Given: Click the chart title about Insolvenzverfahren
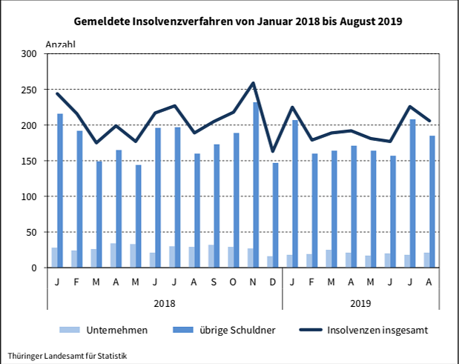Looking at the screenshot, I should point(228,21).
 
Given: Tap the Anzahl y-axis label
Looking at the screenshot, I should point(61,44).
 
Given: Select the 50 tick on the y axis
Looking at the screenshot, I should point(31,232).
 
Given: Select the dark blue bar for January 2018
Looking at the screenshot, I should point(60,191).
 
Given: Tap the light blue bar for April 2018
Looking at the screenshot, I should point(113,255).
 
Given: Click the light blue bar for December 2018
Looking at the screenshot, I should point(269,262).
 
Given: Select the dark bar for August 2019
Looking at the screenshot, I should point(433,202).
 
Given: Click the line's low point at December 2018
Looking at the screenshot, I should point(273,150).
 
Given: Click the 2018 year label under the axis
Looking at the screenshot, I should point(165,303).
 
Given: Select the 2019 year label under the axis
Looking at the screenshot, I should point(361,303).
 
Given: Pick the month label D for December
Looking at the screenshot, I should point(273,282).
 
